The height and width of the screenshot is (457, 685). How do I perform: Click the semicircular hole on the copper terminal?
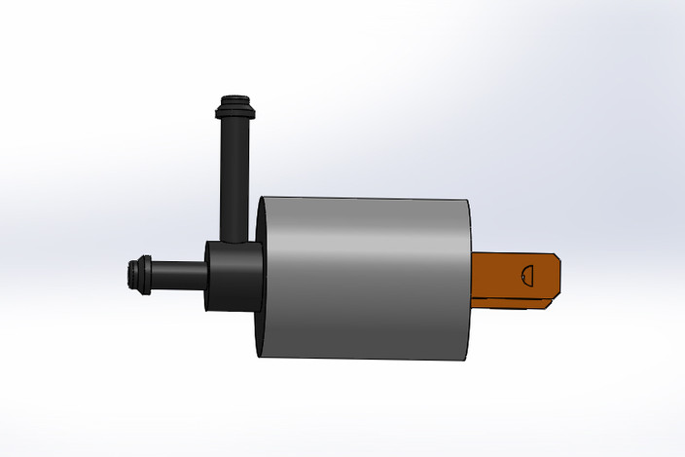pos(529,275)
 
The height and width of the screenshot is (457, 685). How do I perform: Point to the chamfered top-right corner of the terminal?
pos(558,256)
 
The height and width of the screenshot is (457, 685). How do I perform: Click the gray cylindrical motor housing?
pos(365,278)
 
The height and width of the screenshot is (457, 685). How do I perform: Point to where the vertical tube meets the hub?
pos(234,239)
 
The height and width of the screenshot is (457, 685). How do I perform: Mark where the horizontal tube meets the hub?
pos(205,276)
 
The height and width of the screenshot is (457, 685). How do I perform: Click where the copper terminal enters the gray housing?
pos(474,277)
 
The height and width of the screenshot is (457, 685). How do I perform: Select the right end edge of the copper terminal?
pos(561,276)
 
